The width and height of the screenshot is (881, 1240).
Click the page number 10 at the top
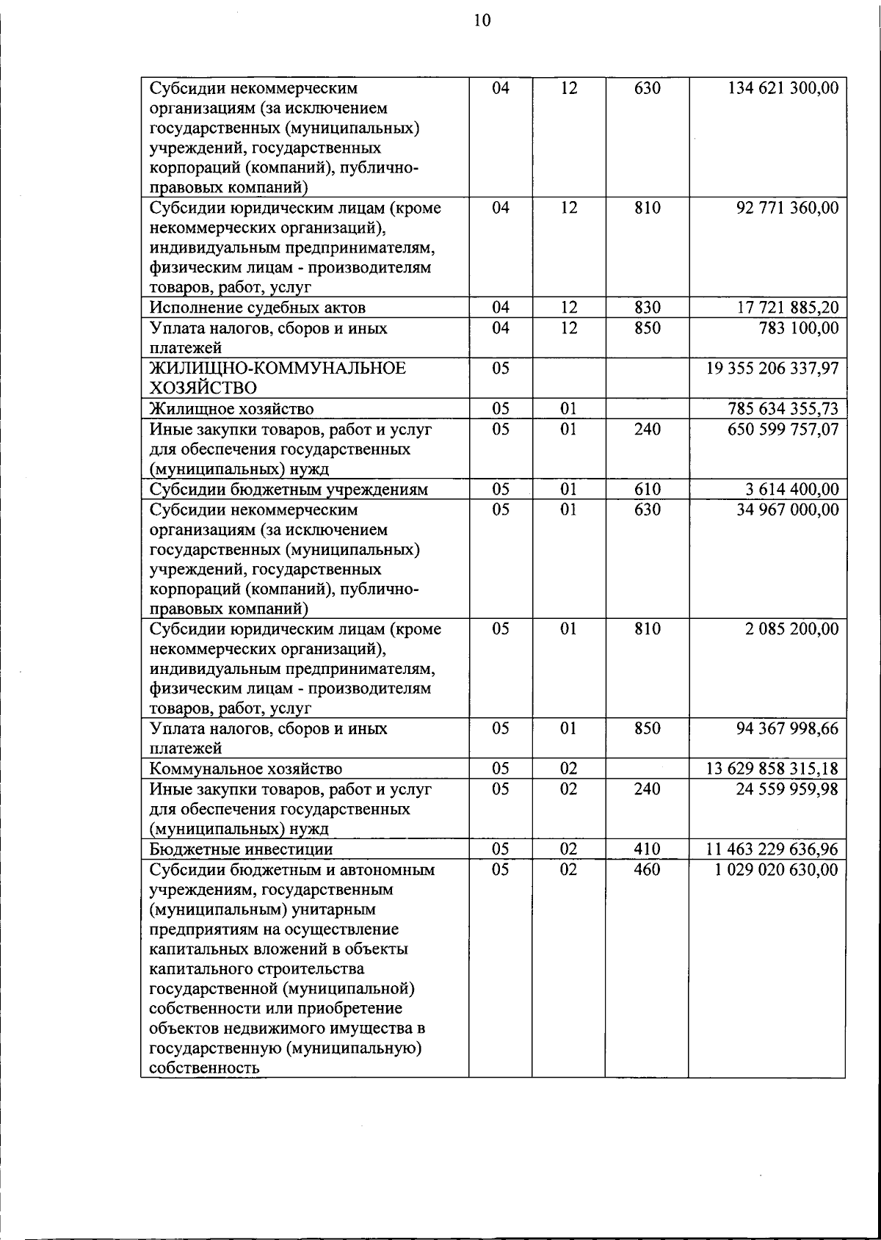(x=482, y=21)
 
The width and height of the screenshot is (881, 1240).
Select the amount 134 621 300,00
(x=783, y=88)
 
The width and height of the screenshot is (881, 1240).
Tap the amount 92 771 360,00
(x=787, y=208)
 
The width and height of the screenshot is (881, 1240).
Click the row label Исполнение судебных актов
(x=257, y=308)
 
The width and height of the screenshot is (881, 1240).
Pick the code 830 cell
(x=647, y=308)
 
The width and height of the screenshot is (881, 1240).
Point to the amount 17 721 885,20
(x=787, y=308)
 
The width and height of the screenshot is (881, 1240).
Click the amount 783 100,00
(x=798, y=328)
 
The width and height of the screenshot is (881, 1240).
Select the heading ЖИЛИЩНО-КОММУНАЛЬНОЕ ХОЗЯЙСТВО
(x=278, y=377)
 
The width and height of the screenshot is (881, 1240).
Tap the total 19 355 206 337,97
(x=772, y=369)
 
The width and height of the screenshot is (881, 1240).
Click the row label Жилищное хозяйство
(x=231, y=409)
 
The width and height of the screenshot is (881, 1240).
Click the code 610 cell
(x=647, y=489)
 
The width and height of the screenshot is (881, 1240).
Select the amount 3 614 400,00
(x=791, y=489)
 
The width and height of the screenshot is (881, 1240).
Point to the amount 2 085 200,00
(x=791, y=628)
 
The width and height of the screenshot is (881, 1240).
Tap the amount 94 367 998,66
(x=787, y=728)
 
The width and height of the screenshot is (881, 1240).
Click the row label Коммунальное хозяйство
(x=245, y=769)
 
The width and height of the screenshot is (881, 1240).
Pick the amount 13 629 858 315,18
(x=772, y=769)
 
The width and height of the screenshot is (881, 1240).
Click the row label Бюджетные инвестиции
(x=241, y=849)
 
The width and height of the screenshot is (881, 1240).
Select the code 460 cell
(x=647, y=869)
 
